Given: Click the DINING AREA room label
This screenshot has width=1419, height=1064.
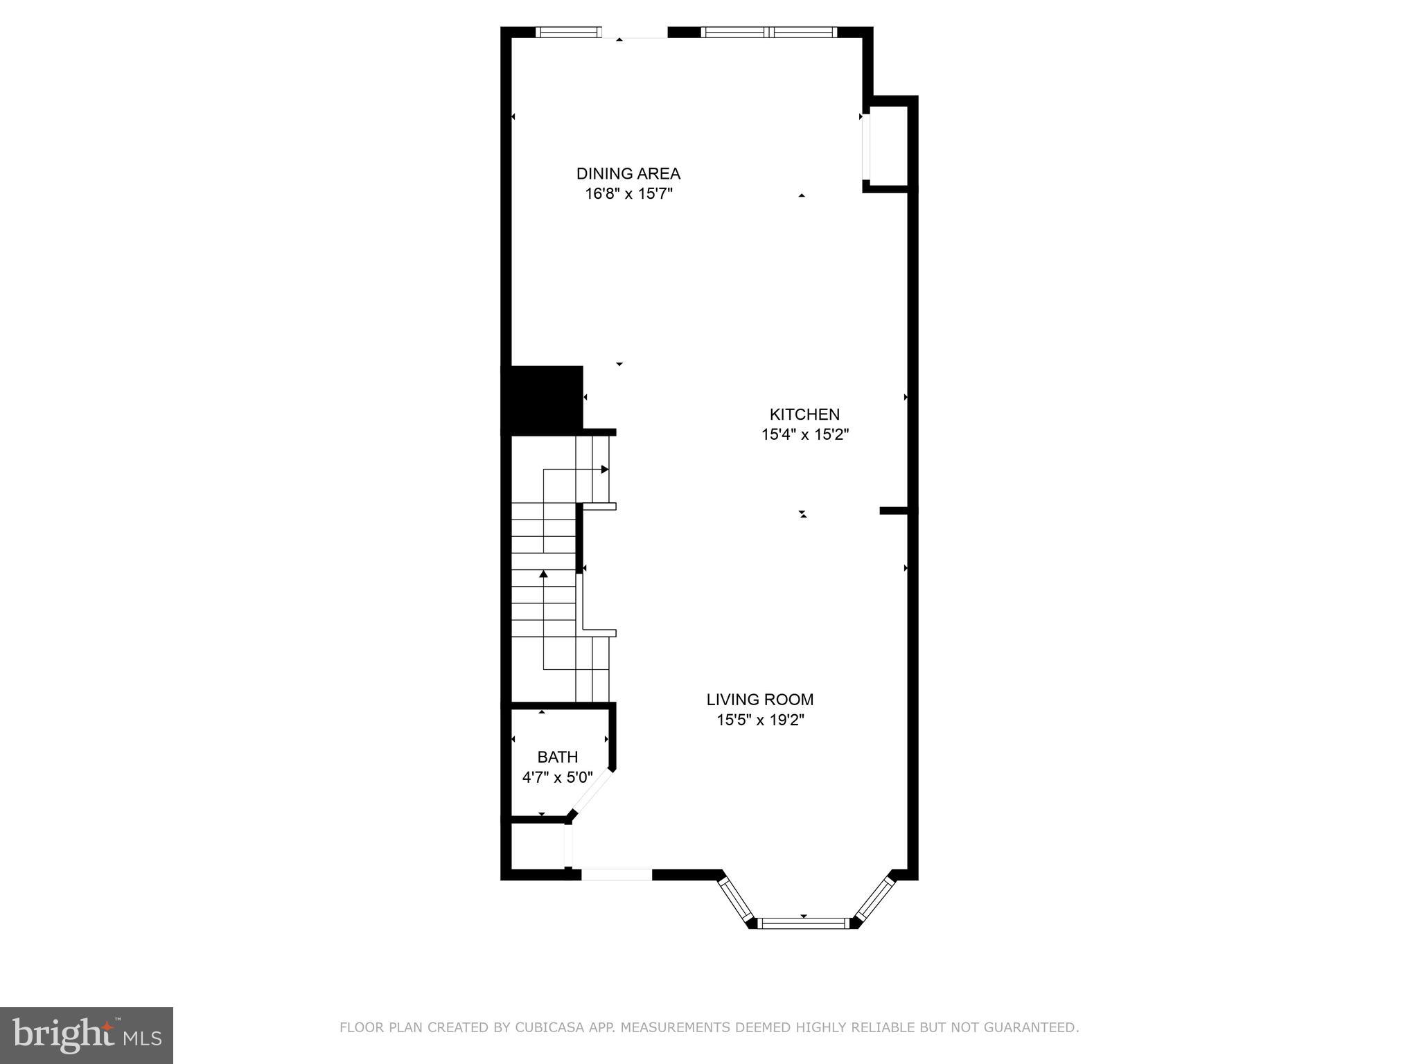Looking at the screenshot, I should pos(628,173).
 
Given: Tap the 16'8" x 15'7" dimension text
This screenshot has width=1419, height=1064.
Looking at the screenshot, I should pos(628,194).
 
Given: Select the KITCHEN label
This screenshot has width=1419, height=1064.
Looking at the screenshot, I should pos(804,414).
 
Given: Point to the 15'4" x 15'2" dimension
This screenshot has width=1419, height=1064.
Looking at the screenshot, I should pos(804,435).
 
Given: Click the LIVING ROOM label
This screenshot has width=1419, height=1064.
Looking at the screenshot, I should pos(759,700).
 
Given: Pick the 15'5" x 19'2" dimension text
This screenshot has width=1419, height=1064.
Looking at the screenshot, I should pos(759,720).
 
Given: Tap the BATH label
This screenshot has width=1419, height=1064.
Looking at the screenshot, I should pos(557,757).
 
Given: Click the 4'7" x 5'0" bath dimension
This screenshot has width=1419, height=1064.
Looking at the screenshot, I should pos(557,777).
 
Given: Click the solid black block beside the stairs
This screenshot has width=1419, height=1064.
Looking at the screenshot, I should pos(542,398).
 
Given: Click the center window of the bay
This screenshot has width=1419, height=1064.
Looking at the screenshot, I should pos(804,923).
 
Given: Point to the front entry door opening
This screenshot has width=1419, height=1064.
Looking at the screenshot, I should pos(616,875).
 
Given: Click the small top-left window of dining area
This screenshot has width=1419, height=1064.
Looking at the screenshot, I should pos(569,32).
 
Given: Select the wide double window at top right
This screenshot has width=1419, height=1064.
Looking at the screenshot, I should pos(769,32).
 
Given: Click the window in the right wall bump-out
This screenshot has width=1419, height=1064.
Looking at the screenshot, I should pos(865,148).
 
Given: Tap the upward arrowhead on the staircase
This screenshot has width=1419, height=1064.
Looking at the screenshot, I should pos(544,574).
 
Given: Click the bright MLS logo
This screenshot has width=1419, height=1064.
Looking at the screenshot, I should pos(86,1035).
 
